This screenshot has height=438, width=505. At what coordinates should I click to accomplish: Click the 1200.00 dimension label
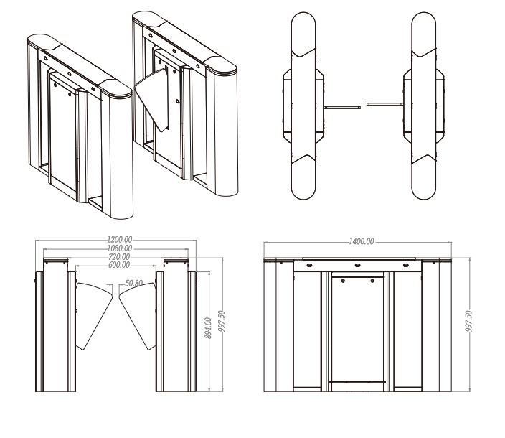pos(120,240)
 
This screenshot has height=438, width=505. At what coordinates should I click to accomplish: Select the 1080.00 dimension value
pos(120,248)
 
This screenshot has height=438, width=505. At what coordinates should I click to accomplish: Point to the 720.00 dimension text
pos(119,257)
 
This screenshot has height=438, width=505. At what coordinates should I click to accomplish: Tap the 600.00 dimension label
pos(119,265)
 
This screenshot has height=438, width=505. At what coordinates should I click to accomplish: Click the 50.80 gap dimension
pos(133,284)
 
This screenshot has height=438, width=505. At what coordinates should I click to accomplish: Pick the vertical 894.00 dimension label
pos(208,328)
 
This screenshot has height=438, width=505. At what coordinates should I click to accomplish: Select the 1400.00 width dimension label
pos(362,241)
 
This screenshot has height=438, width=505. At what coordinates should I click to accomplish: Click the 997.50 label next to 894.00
pos(222,322)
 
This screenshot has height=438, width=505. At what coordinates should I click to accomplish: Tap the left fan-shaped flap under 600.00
pos(94,314)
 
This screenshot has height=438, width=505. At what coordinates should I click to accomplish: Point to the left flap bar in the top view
pos(342,107)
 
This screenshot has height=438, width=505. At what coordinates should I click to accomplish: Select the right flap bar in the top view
pos(385,104)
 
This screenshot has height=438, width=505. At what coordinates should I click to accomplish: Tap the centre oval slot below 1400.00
pos(357,265)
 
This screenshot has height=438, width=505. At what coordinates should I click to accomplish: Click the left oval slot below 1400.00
pos(309,265)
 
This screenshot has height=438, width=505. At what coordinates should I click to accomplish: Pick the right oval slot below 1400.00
pos(406,265)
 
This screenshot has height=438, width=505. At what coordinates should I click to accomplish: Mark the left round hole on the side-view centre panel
pos(343,281)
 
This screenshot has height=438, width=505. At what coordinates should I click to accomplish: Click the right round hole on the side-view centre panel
pos(372,281)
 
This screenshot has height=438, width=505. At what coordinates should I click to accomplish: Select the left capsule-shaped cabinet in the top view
pos(303,106)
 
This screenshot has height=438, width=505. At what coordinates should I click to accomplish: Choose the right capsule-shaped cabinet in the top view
pos(424,106)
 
